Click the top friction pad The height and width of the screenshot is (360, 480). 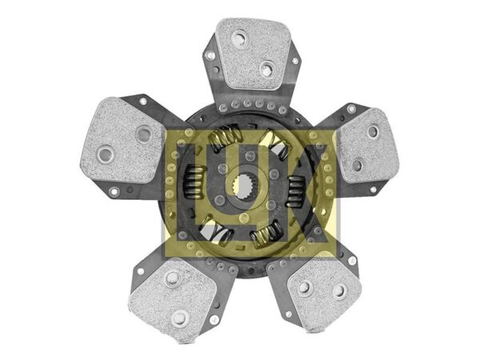254,54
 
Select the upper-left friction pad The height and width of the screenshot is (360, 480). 122,140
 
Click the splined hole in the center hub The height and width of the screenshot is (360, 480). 245,186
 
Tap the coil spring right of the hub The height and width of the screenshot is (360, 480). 296,190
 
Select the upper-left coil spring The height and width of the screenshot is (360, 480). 225,137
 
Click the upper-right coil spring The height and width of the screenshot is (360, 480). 275,142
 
